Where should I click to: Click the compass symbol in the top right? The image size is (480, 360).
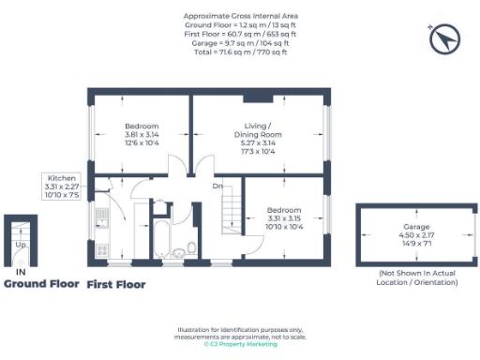tap(443, 39)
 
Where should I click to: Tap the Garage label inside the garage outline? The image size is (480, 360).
tap(416, 228)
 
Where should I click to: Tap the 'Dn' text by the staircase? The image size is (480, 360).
tap(217, 186)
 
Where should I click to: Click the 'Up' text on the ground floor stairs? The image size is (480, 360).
tap(21, 244)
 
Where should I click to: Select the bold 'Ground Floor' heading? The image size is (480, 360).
tap(40, 283)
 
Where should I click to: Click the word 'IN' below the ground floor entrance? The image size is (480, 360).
tap(21, 272)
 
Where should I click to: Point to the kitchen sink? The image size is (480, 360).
tap(102, 217)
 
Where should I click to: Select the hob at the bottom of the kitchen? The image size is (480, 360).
tap(102, 249)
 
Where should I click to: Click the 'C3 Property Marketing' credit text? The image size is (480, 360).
tap(240, 343)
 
